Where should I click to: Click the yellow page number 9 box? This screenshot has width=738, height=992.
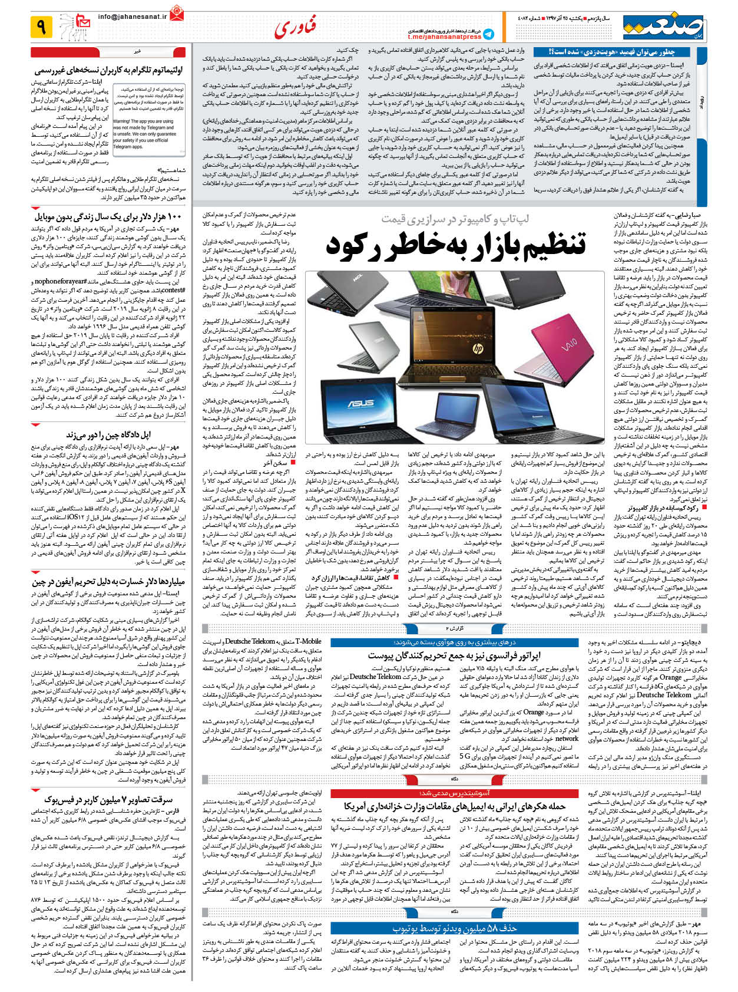pos(41,27)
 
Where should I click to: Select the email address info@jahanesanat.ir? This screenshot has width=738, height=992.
pos(132,18)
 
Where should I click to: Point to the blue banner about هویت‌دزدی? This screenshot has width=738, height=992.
pos(612,52)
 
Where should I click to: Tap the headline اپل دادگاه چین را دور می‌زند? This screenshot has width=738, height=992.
pos(109,435)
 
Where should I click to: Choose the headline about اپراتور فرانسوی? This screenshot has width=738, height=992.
pos(454,655)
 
